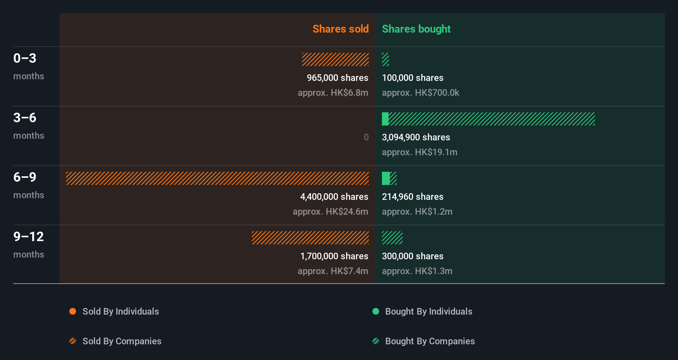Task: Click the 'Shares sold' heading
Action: pos(340,29)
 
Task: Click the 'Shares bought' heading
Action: pos(416,29)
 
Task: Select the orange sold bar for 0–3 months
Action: pos(335,59)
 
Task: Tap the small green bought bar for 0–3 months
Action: pos(385,59)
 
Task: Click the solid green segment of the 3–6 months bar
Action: pos(385,119)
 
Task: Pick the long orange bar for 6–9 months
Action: pos(217,178)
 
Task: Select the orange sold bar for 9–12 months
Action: pos(310,238)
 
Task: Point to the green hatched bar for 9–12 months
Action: pos(392,238)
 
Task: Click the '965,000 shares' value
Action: pos(337,78)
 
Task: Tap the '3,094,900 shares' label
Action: pos(415,137)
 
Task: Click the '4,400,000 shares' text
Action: pos(334,197)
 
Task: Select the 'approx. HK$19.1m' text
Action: pos(419,152)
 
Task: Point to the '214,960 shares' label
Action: pos(412,197)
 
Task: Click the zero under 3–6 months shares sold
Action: pos(366,137)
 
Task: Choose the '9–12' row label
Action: pos(28,237)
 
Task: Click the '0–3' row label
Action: pos(25,58)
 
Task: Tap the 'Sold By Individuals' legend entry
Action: pos(120,312)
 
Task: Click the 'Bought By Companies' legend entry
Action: pos(429,341)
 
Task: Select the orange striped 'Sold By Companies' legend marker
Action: pos(73,341)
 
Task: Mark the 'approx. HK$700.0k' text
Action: pos(420,93)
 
